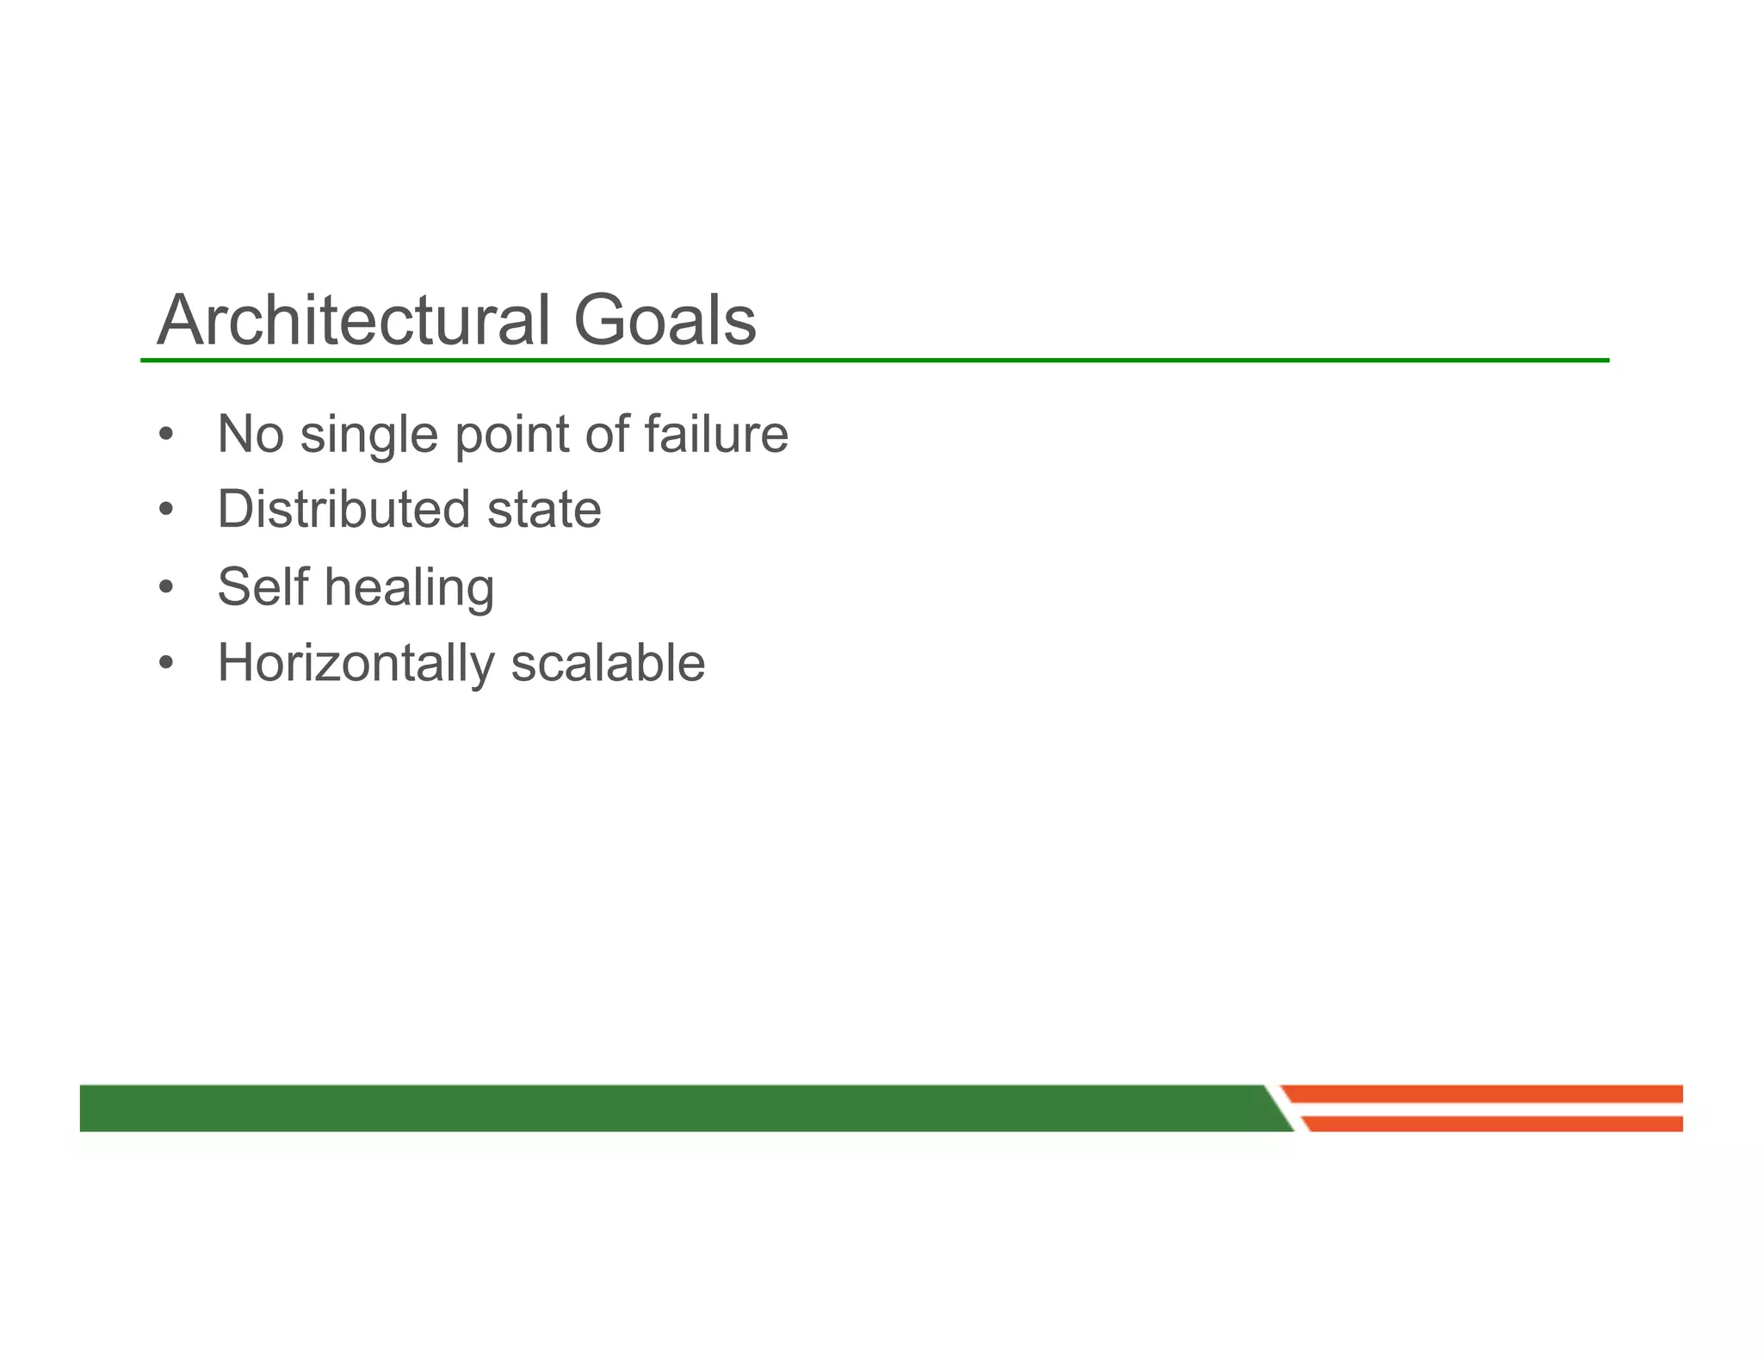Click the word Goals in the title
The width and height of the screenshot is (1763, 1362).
[664, 320]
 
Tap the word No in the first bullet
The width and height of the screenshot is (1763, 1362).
[251, 434]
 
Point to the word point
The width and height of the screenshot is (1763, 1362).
[511, 435]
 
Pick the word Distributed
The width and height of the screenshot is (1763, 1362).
[343, 510]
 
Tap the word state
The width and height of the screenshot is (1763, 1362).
[544, 511]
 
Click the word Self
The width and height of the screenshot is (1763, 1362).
[263, 586]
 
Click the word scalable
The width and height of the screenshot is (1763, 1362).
[608, 664]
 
